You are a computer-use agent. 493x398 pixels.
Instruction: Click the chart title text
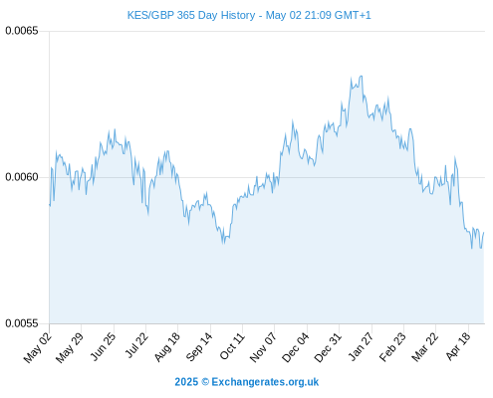coord(249,15)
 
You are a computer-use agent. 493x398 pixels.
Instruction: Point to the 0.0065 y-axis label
coord(22,31)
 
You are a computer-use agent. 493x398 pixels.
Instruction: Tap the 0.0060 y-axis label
coord(22,177)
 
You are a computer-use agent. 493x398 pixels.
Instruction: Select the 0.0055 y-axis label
coord(22,323)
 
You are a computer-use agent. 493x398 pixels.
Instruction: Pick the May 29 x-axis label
coord(70,347)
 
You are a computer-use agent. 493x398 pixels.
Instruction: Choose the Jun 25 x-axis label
coord(103,346)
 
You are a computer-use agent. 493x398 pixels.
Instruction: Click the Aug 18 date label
coord(167,347)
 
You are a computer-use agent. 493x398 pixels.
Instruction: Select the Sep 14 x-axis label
coord(199,347)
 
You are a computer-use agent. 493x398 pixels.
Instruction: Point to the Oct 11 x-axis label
coord(232,346)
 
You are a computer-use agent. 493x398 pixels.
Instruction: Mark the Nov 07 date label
coord(263,347)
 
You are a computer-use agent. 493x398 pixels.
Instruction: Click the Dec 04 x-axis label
coord(295,347)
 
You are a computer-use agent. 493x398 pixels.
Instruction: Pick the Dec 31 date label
coord(328,347)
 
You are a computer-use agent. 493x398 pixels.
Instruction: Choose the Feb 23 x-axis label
coord(392,347)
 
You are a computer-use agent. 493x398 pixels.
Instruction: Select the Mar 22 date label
coord(424,347)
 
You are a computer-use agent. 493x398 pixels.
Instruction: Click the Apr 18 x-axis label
coord(458,346)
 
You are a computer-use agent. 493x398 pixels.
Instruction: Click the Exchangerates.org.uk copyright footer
coord(247,382)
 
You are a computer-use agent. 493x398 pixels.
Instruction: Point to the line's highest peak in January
coord(361,76)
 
